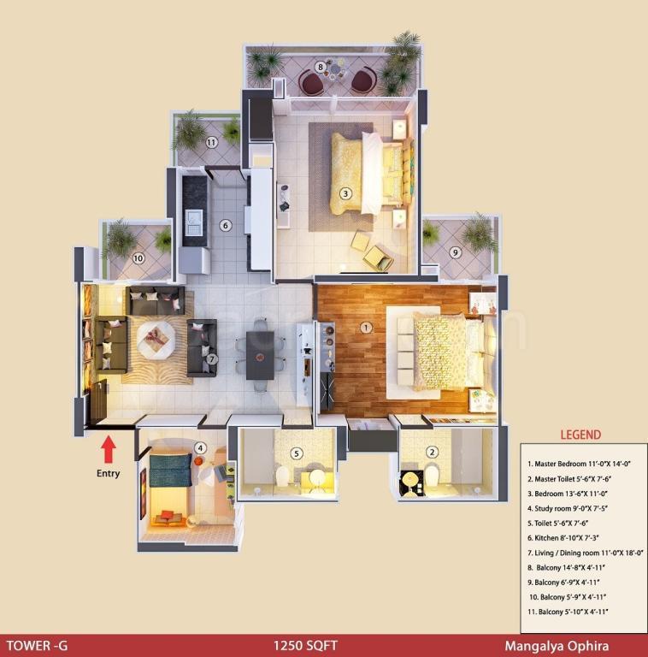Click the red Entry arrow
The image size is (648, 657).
109,449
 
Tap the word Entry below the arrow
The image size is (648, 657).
109,473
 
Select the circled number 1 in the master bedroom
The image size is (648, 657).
366,328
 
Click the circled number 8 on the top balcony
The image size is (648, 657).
321,67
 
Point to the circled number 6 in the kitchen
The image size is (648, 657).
225,226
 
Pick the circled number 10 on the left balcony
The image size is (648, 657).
138,258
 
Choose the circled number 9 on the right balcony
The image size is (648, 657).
456,252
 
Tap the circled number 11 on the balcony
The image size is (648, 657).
211,143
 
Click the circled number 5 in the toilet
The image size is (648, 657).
297,453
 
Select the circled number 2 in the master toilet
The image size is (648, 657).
432,452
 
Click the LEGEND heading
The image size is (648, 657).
580,435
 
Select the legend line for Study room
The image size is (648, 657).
568,508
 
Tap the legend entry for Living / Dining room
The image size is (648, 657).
586,553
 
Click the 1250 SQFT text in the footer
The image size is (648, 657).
305,646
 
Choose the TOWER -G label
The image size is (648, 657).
38,646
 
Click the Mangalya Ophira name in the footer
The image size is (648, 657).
557,646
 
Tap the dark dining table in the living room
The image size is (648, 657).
260,355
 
